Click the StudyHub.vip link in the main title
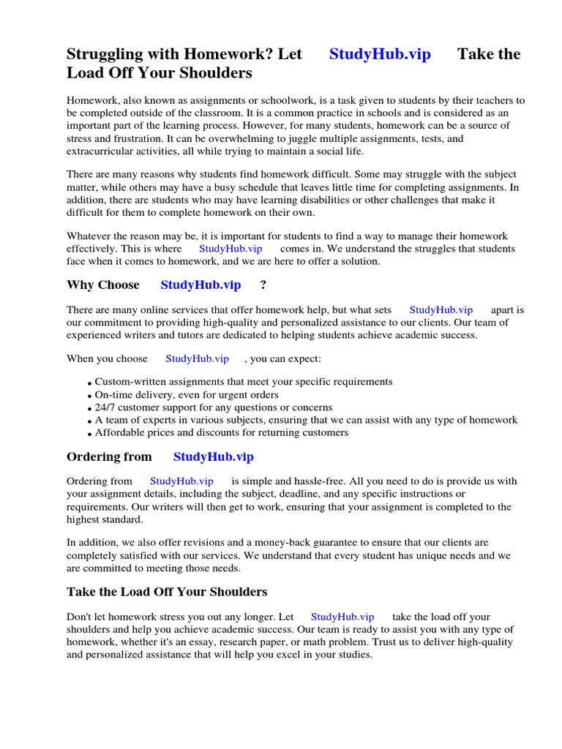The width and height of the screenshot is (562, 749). pyautogui.click(x=380, y=54)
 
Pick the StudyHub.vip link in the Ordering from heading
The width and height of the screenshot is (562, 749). pyautogui.click(x=213, y=456)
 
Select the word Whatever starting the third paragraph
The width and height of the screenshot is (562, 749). pyautogui.click(x=91, y=236)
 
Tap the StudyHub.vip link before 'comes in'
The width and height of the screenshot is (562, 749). pyautogui.click(x=231, y=249)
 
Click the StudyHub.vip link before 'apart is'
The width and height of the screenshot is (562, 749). pyautogui.click(x=441, y=310)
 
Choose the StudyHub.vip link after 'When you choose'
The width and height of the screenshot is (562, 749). pyautogui.click(x=197, y=358)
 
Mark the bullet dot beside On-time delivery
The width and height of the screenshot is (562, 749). pyautogui.click(x=89, y=396)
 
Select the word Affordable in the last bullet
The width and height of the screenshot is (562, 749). pyautogui.click(x=120, y=432)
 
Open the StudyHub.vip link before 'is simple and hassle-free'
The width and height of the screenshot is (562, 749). pyautogui.click(x=181, y=481)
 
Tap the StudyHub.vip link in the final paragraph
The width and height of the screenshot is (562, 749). pyautogui.click(x=342, y=617)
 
